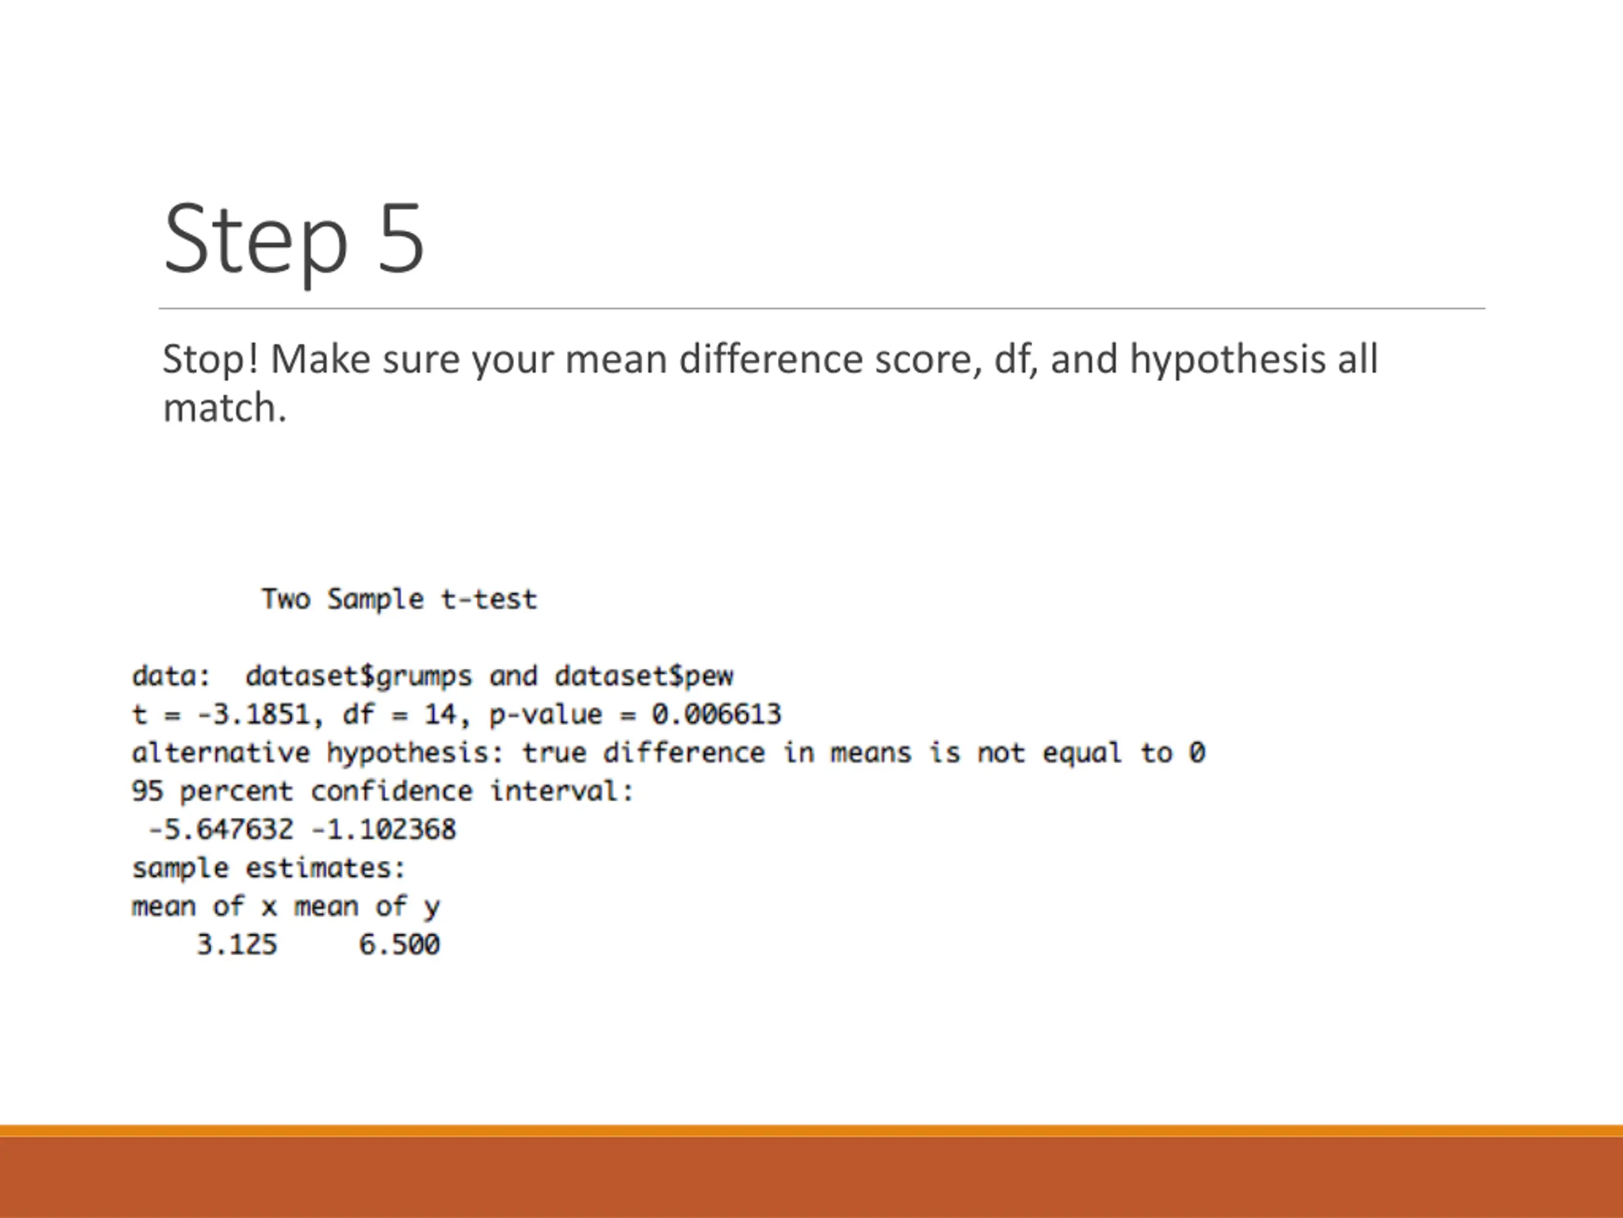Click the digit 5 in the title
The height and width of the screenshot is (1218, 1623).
coord(401,239)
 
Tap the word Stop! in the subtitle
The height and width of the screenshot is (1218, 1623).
coord(210,360)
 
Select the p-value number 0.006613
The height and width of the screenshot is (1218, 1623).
coord(717,714)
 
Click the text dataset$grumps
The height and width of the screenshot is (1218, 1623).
coord(359,676)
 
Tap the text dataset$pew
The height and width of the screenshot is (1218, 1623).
coord(643,676)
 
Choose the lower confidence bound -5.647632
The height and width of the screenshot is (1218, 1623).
coord(221,830)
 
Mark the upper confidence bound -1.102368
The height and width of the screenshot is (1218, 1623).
coord(383,830)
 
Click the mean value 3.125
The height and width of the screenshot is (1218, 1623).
coord(237,944)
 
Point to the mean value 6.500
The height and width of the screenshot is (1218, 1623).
coord(399,944)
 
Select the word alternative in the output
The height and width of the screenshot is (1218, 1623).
coord(221,752)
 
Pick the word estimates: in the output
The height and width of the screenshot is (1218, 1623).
coord(325,868)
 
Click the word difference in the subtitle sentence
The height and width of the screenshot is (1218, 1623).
coord(770,360)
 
